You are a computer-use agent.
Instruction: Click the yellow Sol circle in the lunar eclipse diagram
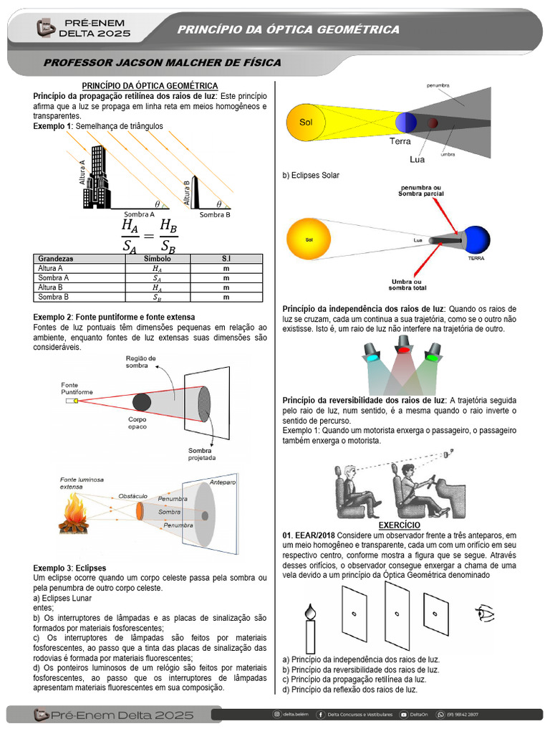[306, 123]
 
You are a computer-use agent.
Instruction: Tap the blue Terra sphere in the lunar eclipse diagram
[406, 122]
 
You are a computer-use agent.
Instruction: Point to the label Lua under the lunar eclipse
[417, 159]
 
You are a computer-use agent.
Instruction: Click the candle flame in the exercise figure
[309, 611]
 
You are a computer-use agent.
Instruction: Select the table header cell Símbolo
[157, 259]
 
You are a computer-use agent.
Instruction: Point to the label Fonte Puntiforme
[76, 389]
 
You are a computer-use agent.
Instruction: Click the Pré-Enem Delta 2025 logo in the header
[85, 29]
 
